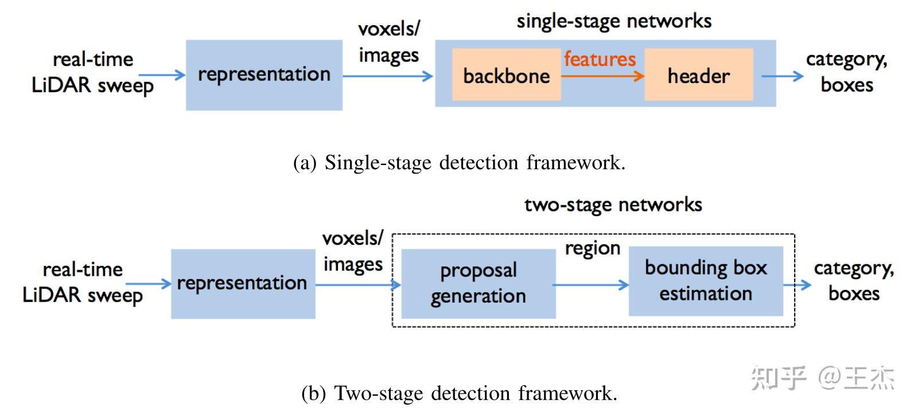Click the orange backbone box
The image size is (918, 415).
(x=506, y=75)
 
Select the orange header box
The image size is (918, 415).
(x=698, y=75)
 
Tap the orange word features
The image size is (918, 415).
(x=600, y=59)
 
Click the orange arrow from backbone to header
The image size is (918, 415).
(x=602, y=76)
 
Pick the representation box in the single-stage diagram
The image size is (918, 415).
(x=264, y=75)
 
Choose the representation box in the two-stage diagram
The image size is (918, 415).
(x=243, y=284)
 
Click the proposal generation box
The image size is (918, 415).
(x=478, y=284)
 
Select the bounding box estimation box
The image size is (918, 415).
(x=706, y=281)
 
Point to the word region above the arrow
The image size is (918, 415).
(x=592, y=248)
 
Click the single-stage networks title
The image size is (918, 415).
(x=614, y=21)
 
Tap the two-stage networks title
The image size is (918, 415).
(x=613, y=205)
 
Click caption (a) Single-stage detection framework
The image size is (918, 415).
(x=459, y=163)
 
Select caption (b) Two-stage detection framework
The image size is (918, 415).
(x=459, y=394)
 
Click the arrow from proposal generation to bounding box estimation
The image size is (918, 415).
(x=591, y=285)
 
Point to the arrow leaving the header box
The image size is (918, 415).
(x=782, y=76)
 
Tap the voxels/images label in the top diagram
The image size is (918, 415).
(x=389, y=42)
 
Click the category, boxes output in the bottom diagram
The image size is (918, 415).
(x=854, y=281)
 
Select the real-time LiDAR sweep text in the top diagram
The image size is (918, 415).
(x=92, y=73)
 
